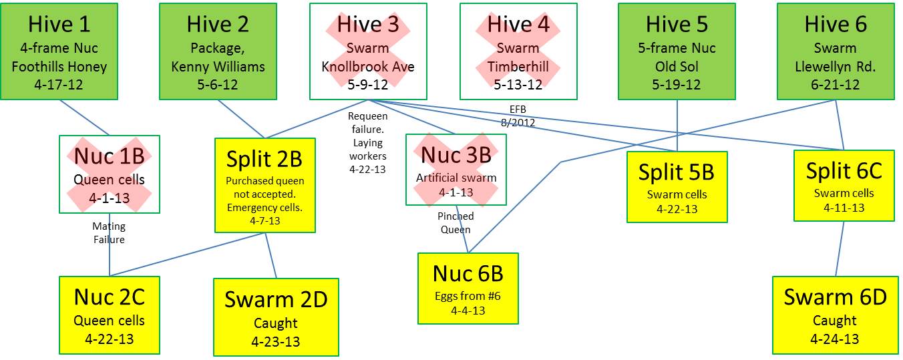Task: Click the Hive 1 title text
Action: (x=59, y=25)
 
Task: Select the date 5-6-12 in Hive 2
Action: (x=218, y=85)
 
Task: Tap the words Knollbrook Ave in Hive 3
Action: (x=368, y=67)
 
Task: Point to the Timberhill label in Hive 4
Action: (x=518, y=67)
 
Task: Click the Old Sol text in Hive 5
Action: (x=676, y=67)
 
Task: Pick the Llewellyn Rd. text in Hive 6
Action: (x=835, y=67)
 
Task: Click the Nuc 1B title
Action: (x=109, y=156)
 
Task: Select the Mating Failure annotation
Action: (x=109, y=232)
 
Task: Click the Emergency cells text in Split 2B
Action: (x=264, y=207)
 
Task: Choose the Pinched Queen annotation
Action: (x=456, y=222)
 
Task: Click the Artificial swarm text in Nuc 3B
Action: (x=456, y=178)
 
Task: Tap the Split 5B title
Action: (x=677, y=172)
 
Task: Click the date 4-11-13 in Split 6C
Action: (x=844, y=207)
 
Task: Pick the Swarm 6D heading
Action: (x=835, y=297)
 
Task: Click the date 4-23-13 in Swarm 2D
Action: (x=275, y=341)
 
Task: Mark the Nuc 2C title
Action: (x=109, y=297)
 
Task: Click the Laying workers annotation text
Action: (x=367, y=149)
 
